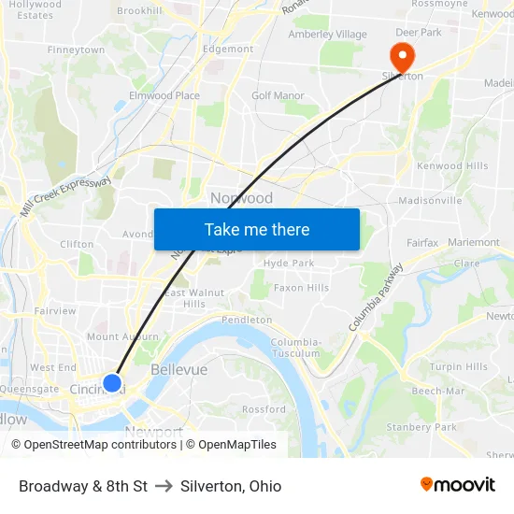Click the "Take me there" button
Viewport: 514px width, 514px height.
(257, 229)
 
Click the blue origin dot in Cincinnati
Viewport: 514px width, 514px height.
(111, 383)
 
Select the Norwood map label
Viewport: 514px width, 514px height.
(241, 198)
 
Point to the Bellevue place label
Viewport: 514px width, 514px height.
(178, 370)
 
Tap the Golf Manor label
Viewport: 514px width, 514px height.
(278, 95)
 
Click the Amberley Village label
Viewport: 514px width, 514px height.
(327, 35)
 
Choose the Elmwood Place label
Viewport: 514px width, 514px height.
(164, 95)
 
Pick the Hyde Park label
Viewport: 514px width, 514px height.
(289, 264)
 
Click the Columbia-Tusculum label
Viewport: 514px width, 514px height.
(295, 348)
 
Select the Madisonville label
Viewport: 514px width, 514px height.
(430, 200)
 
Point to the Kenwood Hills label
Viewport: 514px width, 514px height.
(452, 166)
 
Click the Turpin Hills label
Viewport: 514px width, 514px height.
(459, 366)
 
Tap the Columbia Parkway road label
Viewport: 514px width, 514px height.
(378, 297)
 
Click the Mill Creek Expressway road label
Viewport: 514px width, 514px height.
(65, 197)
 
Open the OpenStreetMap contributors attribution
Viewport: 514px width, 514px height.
(95, 445)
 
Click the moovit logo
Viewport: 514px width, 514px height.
(457, 485)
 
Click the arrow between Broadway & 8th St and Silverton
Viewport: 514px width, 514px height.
(164, 486)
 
